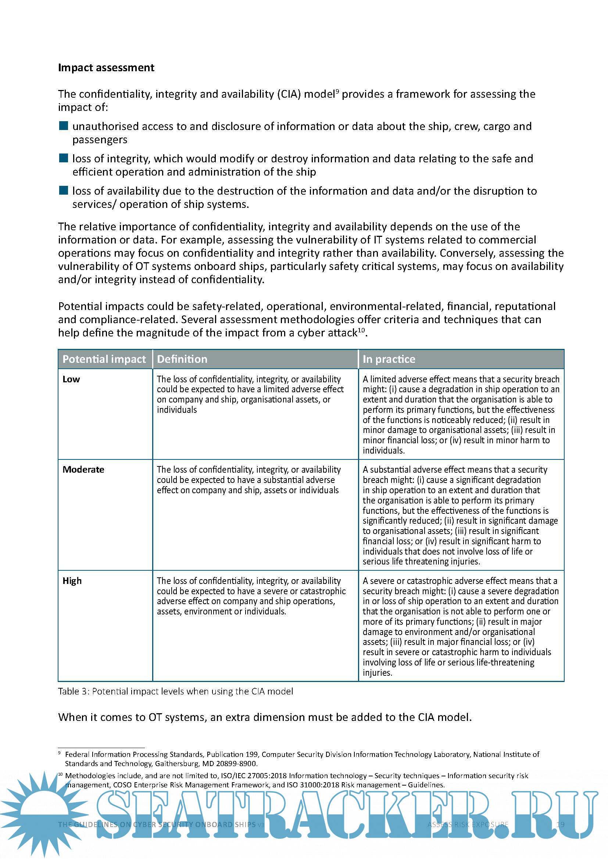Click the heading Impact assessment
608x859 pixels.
coord(106,68)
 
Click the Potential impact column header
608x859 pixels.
coord(104,359)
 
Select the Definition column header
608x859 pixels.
coord(182,359)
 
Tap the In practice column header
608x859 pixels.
coord(389,359)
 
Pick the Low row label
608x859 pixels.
coord(71,379)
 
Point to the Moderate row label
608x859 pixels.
coord(83,470)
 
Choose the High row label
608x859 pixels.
coord(72,581)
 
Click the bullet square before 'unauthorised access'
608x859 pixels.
coord(64,126)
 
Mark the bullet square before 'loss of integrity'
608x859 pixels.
coord(64,158)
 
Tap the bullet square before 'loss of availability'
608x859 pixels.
coord(64,191)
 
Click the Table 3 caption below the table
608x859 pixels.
coord(175,692)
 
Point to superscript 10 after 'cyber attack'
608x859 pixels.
coord(361,330)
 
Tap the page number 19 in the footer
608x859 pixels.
coord(561,824)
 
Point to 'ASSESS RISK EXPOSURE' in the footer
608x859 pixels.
coord(468,824)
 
